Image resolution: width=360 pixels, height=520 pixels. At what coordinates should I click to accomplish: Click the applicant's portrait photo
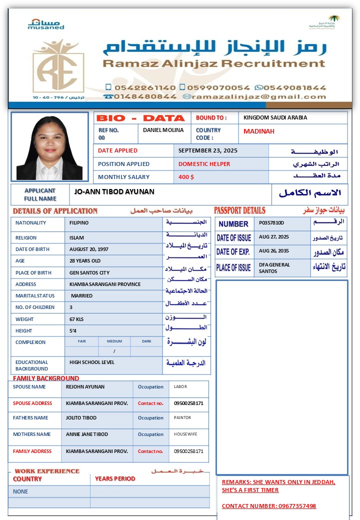pyautogui.click(x=49, y=147)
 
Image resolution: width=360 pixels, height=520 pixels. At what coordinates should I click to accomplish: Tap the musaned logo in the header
pyautogui.click(x=46, y=24)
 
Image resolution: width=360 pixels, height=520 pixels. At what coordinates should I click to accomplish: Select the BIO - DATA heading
pyautogui.click(x=140, y=118)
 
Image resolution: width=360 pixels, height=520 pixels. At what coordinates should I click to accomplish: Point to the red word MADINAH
pyautogui.click(x=259, y=131)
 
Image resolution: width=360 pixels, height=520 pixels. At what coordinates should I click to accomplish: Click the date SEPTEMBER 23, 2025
pyautogui.click(x=208, y=150)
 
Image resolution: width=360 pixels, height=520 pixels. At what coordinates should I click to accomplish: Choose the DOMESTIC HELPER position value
pyautogui.click(x=204, y=164)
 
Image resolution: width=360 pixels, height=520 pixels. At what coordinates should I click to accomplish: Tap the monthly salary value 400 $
pyautogui.click(x=186, y=177)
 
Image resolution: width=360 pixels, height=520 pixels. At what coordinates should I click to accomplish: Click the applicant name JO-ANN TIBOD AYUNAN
pyautogui.click(x=114, y=191)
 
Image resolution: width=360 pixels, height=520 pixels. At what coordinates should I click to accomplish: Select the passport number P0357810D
pyautogui.click(x=271, y=223)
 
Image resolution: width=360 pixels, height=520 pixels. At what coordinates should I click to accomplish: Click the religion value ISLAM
pyautogui.click(x=77, y=238)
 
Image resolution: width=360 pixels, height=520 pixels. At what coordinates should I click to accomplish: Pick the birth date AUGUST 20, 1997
pyautogui.click(x=89, y=249)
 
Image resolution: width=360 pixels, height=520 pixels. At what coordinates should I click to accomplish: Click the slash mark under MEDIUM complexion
pyautogui.click(x=114, y=351)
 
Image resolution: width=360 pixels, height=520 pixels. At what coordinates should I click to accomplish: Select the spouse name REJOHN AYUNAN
pyautogui.click(x=85, y=387)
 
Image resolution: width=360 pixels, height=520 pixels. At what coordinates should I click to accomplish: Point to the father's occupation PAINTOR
pyautogui.click(x=182, y=417)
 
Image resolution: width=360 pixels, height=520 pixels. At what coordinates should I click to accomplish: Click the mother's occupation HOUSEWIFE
pyautogui.click(x=186, y=434)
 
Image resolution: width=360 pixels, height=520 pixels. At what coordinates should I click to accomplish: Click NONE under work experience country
pyautogui.click(x=20, y=491)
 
